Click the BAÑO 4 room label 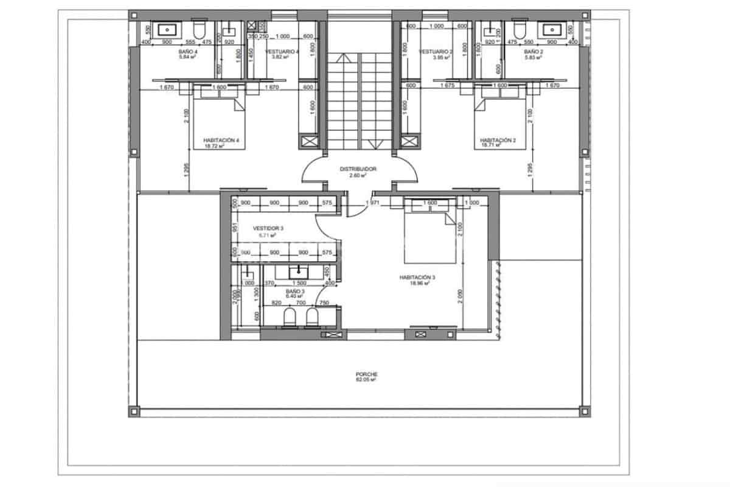(187, 52)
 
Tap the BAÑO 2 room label (533, 52)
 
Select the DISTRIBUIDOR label (358, 169)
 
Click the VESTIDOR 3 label (268, 228)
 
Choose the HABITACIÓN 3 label (417, 277)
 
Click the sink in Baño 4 (167, 29)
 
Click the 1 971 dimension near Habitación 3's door (372, 203)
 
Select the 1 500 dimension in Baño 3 (299, 283)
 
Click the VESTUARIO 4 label (282, 52)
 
